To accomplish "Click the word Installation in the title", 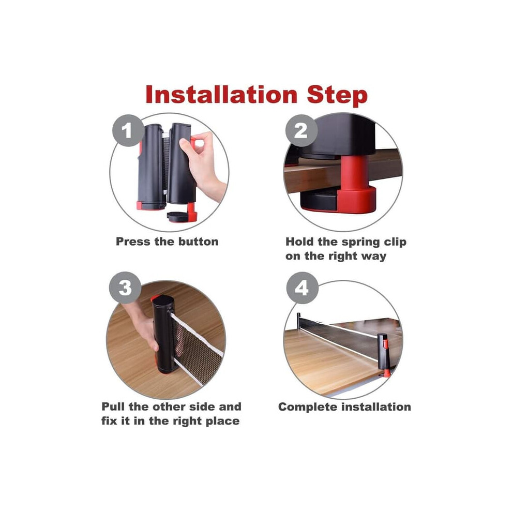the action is click(x=221, y=95).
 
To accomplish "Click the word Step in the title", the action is click(x=337, y=96).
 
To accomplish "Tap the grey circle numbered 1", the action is click(x=128, y=130).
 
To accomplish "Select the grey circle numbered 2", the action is click(x=301, y=130).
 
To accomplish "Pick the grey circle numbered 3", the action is click(x=125, y=288).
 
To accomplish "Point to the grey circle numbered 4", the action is click(x=302, y=288).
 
